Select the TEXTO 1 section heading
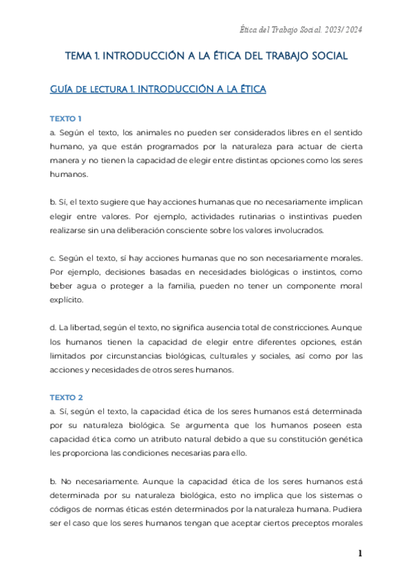(x=66, y=118)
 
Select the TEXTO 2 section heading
(x=66, y=397)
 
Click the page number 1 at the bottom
(x=359, y=553)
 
